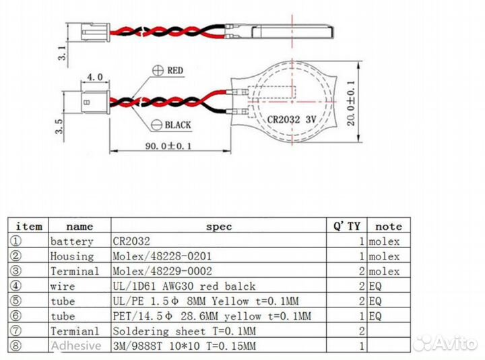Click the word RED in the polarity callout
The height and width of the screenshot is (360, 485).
coord(175,70)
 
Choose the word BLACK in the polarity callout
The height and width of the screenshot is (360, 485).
coord(178,125)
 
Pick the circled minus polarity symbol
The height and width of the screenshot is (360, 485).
coord(157,124)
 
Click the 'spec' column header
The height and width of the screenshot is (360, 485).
coord(218,227)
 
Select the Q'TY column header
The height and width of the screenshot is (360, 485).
coord(346,226)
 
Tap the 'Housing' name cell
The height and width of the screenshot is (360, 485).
coord(72,256)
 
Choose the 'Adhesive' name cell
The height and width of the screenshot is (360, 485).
coord(75,346)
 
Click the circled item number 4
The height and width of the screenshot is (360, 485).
coord(17,286)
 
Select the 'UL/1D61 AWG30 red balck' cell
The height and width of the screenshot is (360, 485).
coord(174,286)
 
